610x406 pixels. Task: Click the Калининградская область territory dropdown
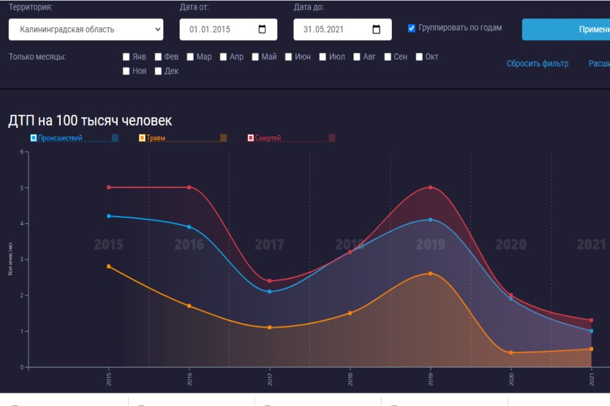coord(86,29)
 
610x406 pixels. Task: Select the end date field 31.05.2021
coord(342,29)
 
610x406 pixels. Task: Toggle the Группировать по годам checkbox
coord(411,28)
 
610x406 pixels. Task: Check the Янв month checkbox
coord(126,57)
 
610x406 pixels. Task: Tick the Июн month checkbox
coord(289,57)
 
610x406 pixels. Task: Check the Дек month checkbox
coord(159,71)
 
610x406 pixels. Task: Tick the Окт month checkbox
coord(420,57)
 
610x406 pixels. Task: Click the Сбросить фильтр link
coord(537,64)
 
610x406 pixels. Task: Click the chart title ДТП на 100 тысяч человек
coord(90,120)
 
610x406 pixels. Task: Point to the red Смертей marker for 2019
coord(430,187)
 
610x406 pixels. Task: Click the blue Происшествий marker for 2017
coord(270,292)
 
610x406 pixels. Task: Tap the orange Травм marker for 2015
coord(108,267)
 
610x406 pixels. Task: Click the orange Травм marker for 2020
coord(511,353)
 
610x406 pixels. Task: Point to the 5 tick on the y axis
coord(22,187)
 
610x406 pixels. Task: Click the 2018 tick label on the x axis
coord(350,378)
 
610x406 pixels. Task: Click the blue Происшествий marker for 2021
coord(591,331)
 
